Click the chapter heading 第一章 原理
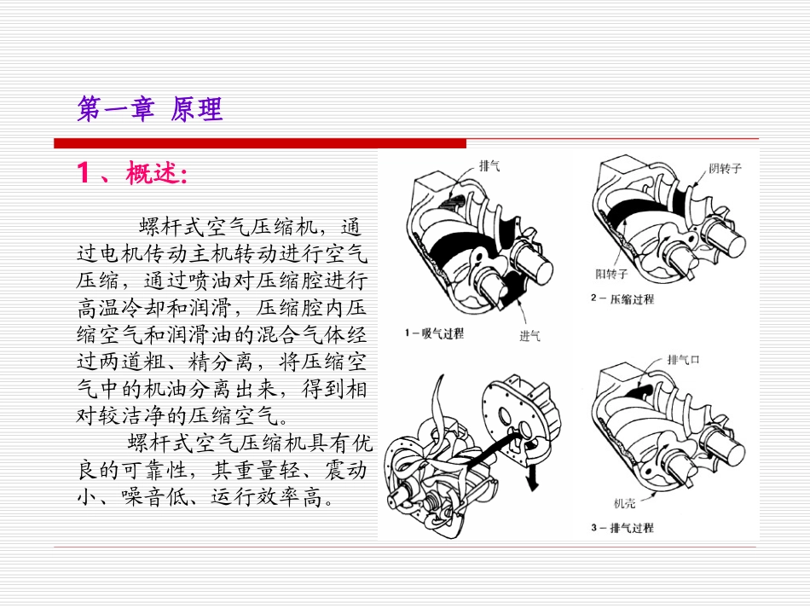click(149, 109)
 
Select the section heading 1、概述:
click(132, 174)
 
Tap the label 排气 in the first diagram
click(489, 165)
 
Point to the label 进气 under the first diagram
click(529, 335)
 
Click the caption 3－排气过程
click(622, 528)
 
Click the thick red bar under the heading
click(260, 142)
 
